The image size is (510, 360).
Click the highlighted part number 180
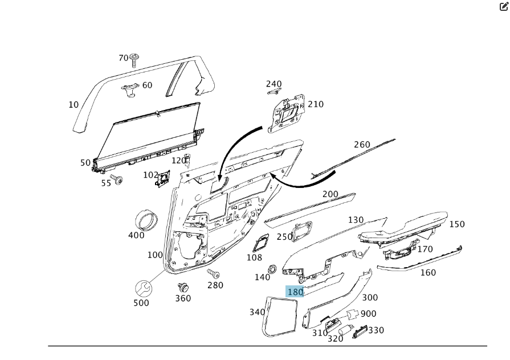click(295, 292)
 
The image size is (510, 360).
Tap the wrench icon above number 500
click(144, 288)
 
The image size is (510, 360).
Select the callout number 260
click(362, 145)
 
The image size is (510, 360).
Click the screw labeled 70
click(134, 59)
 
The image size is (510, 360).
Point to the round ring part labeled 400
click(146, 219)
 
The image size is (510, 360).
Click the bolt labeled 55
click(117, 180)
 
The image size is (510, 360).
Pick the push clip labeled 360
click(183, 288)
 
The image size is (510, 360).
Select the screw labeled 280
click(213, 274)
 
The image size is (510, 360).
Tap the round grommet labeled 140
click(271, 268)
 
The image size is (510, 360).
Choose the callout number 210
click(316, 104)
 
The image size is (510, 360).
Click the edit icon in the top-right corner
click(503, 7)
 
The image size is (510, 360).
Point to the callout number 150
click(457, 224)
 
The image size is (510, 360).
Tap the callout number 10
click(74, 105)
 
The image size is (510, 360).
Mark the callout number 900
click(368, 314)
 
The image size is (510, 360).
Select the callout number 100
click(155, 255)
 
